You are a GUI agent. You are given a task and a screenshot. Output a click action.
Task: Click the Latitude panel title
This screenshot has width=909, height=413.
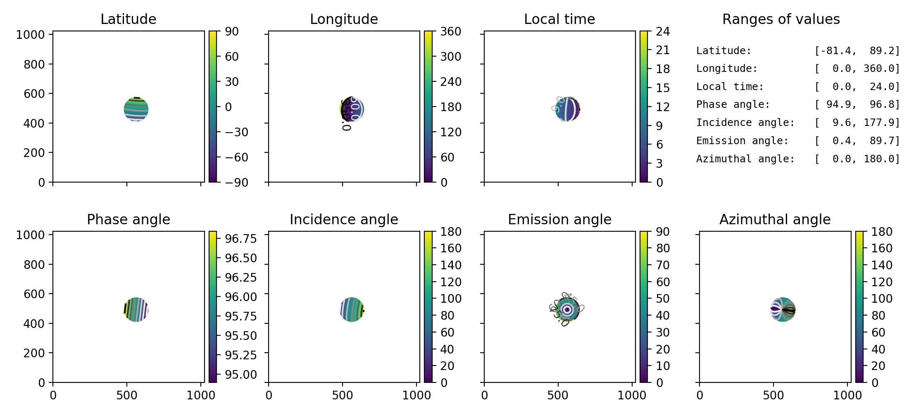tap(128, 19)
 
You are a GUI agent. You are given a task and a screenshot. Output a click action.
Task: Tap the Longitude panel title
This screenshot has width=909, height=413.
tap(344, 19)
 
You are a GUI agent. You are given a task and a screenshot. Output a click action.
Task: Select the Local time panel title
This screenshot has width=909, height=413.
tap(559, 19)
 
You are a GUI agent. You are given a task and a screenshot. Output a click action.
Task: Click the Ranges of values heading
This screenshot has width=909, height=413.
tap(781, 19)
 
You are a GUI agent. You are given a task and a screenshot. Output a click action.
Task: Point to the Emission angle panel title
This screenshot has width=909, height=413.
tap(559, 219)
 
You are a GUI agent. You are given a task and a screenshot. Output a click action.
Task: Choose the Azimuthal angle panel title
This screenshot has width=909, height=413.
tap(775, 219)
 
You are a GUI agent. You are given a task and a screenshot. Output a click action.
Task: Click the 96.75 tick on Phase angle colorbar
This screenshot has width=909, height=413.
tap(240, 239)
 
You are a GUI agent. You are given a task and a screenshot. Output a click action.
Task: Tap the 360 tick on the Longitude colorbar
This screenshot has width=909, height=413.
tap(450, 31)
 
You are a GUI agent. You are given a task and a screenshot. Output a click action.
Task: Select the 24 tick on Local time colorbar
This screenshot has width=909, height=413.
tap(663, 31)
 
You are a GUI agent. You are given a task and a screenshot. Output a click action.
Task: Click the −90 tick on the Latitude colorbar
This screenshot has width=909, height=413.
tap(236, 182)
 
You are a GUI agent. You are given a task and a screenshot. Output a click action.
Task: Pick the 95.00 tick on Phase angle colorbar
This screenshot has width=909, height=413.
tap(240, 375)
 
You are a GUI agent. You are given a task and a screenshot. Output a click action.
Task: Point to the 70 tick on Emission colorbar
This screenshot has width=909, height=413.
tap(663, 265)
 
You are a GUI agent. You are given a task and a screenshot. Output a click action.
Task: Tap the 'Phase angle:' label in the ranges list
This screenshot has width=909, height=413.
tap(733, 104)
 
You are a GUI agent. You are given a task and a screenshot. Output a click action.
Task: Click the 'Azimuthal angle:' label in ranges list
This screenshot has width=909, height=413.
tap(745, 159)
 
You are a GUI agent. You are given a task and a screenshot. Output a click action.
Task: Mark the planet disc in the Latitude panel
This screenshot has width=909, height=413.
tap(136, 109)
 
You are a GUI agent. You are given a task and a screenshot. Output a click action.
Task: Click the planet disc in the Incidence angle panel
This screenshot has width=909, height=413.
tap(352, 310)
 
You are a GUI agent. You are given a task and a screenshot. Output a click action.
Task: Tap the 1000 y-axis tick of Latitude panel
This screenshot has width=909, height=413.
tap(30, 35)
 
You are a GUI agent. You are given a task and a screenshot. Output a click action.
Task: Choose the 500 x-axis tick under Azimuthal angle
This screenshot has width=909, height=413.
tap(773, 395)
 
